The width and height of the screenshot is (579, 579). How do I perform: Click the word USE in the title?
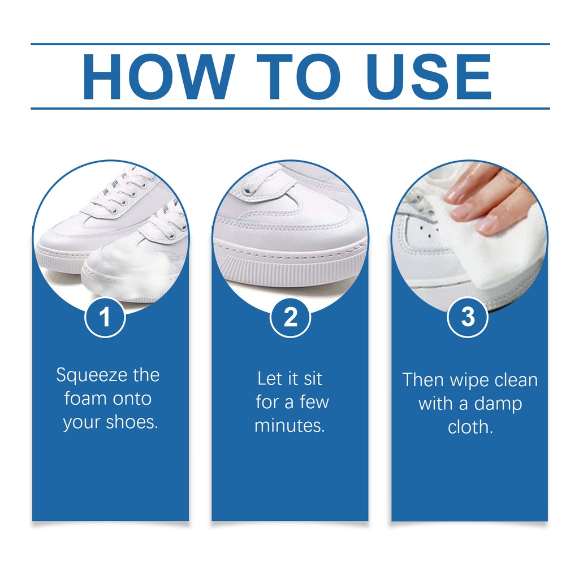click(x=429, y=77)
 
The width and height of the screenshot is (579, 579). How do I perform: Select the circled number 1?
click(x=105, y=317)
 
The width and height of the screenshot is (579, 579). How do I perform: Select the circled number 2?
click(x=290, y=317)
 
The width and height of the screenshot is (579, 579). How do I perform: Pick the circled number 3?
click(x=468, y=317)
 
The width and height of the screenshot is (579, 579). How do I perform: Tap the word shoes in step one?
click(x=132, y=422)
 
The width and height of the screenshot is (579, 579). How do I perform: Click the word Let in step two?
click(x=269, y=379)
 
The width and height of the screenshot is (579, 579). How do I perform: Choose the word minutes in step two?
click(x=289, y=426)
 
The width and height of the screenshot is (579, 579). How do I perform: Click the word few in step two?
click(x=314, y=402)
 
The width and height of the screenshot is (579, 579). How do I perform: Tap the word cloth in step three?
click(x=470, y=427)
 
